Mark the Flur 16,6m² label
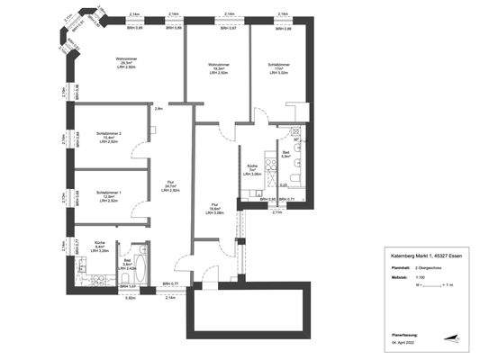click(x=215, y=209)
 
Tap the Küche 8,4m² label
click(x=101, y=247)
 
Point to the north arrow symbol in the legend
click(x=457, y=340)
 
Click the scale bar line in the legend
click(x=437, y=284)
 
